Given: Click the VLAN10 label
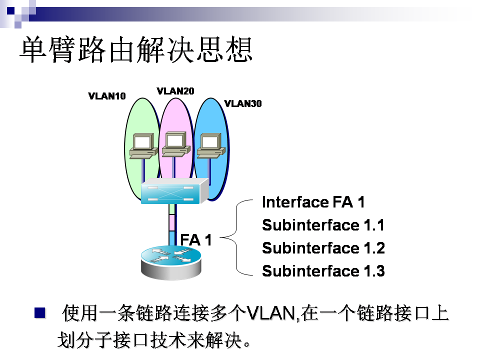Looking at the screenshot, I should point(107,96).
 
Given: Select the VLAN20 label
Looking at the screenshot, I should point(175,91).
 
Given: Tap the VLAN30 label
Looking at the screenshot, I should point(243,104).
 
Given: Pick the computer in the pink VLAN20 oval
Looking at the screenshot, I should point(175,144).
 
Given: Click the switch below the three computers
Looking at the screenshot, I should point(173,192).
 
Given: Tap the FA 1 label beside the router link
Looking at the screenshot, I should point(196,240).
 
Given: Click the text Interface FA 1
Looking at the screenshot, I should point(313,202).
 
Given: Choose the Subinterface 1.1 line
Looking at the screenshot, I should point(323,225).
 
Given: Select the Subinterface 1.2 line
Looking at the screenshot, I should point(323,248).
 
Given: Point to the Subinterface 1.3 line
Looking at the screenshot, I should point(323,271).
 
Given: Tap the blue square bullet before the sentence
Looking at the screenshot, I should point(39,313).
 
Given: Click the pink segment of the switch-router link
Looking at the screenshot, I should point(172,222).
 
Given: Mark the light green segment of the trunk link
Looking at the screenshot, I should point(172,209).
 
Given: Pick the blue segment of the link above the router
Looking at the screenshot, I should point(172,237).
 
